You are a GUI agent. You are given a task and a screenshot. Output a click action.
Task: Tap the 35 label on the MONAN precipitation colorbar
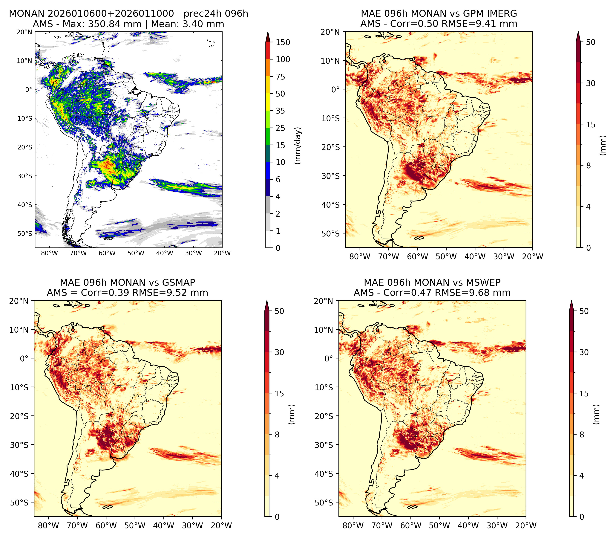coord(280,111)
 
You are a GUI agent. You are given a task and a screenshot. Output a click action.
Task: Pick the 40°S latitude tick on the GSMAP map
coord(19,474)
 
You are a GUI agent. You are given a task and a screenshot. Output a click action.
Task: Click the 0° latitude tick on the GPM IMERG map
coord(335,89)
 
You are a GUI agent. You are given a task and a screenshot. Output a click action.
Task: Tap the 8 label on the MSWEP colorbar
coord(581,434)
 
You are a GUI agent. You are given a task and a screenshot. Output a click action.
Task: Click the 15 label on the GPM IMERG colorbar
coord(591,125)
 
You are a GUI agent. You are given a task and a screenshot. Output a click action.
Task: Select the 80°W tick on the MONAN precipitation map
coord(50,253)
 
